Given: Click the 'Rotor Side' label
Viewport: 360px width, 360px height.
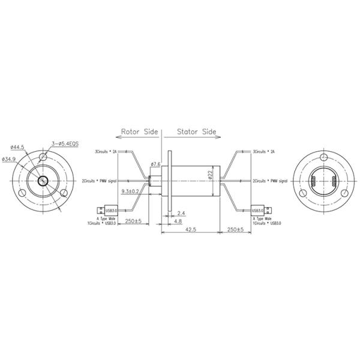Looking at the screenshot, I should [x=139, y=131].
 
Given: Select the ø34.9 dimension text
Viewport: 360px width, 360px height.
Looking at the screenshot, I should [x=10, y=159].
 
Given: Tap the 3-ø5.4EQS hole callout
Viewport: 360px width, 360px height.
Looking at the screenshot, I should [x=65, y=143].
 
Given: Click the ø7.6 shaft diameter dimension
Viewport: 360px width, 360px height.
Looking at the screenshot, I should [x=155, y=164].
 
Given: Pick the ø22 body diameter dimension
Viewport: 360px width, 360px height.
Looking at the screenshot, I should [x=211, y=175].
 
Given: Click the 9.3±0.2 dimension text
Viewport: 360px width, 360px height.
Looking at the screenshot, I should [x=130, y=191].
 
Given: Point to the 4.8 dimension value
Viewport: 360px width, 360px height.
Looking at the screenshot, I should [x=178, y=221].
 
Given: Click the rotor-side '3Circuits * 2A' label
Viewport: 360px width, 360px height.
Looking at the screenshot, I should [x=106, y=152].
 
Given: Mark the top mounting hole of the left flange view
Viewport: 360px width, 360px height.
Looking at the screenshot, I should [x=43, y=157].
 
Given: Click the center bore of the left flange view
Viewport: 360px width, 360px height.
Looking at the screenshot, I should [x=44, y=181].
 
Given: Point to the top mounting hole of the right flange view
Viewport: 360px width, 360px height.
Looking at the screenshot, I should [x=324, y=157].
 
